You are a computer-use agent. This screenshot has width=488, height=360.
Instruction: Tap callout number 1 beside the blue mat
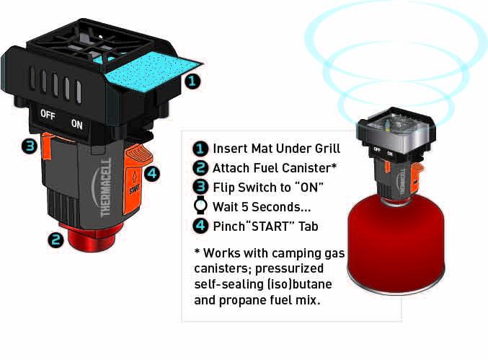tap(191, 81)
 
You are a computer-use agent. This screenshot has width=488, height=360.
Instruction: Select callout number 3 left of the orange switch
tap(28, 146)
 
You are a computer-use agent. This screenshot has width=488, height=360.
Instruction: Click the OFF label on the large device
tap(48, 115)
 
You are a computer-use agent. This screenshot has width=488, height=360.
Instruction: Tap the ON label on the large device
tap(76, 123)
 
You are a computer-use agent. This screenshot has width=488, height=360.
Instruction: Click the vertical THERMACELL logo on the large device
tap(105, 185)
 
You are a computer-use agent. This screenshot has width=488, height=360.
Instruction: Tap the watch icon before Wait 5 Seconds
tap(201, 205)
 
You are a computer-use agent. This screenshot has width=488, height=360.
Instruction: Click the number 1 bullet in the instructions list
tap(201, 149)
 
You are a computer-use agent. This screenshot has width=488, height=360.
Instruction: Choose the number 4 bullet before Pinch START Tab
tap(201, 225)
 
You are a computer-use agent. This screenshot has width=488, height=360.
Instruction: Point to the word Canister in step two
tap(308, 168)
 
